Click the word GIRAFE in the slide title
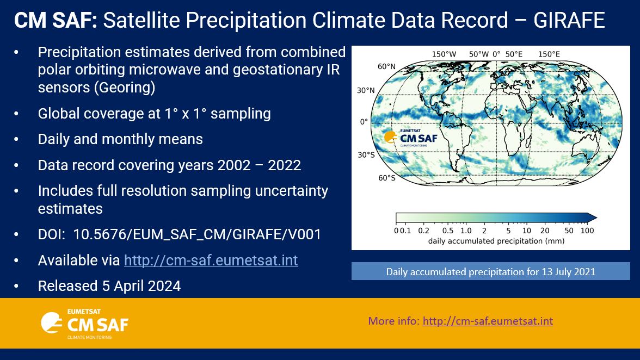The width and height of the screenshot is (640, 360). coord(569,21)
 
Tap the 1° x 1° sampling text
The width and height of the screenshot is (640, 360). coord(212,113)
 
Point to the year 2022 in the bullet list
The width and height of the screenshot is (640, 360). coord(284,165)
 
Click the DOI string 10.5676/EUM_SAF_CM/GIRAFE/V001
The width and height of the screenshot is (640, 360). coord(197,234)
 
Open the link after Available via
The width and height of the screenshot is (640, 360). coord(211,260)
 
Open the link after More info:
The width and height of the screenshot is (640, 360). coord(487,321)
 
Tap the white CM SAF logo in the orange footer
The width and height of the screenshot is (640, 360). coord(84,325)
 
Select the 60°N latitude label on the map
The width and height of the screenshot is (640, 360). coord(386,66)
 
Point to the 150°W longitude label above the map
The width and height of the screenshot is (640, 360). coord(444,54)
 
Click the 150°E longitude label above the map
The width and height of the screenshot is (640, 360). coord(549,54)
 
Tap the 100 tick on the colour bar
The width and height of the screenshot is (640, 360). coord(587,230)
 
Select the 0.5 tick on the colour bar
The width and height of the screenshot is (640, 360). coord(448,230)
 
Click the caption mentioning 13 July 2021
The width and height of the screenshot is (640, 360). coord(490,271)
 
